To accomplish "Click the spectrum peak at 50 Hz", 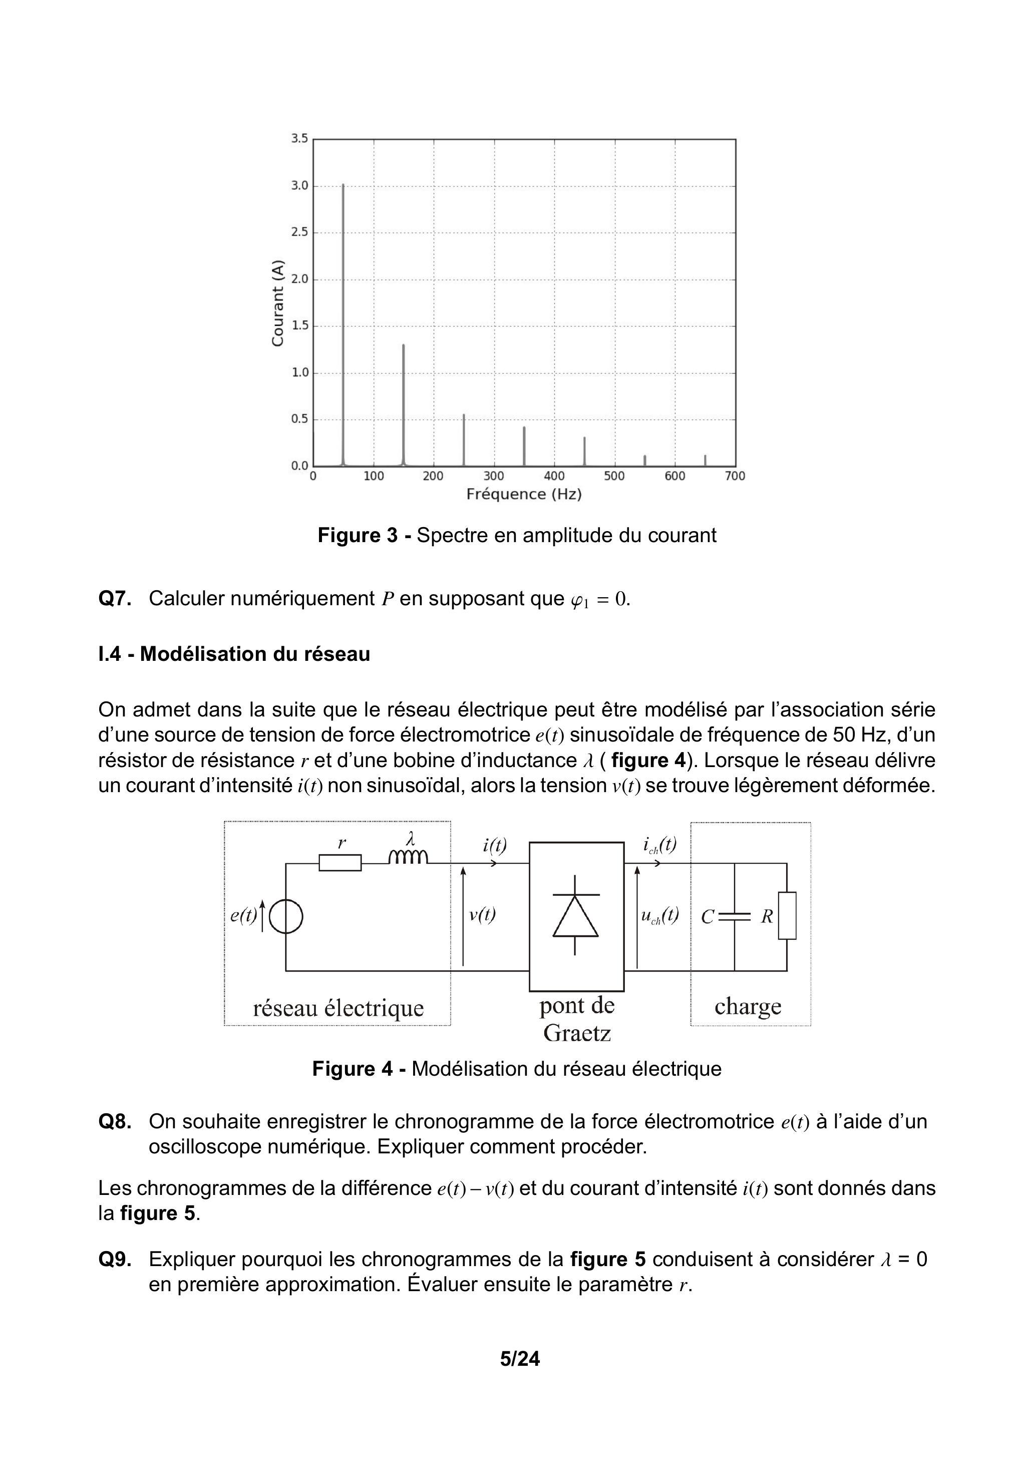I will click(343, 319).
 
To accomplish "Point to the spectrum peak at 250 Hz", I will click(464, 440).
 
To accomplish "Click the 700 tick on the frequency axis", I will click(735, 476).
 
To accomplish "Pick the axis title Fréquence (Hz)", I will click(524, 495).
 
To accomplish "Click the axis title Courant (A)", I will click(277, 303).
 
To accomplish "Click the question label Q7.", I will click(115, 599).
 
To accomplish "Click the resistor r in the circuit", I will click(340, 863).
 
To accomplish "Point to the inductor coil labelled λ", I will click(409, 856).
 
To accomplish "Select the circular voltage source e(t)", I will click(286, 917).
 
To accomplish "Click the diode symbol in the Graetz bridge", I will click(575, 916).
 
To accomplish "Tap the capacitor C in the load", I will click(734, 917).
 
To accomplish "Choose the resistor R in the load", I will click(787, 916).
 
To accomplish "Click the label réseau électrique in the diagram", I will click(338, 1008).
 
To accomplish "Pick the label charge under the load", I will click(748, 1006).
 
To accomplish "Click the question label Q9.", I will click(115, 1260).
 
